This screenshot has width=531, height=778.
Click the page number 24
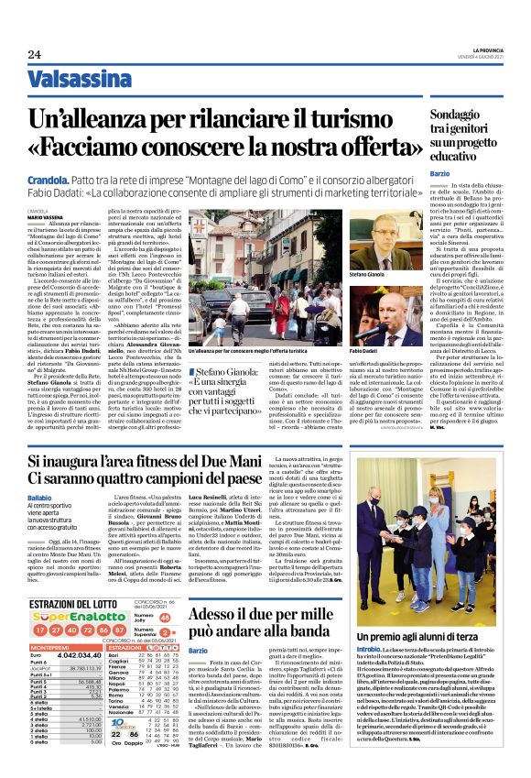click(x=33, y=56)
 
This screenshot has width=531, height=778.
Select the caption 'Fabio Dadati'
click(x=363, y=350)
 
